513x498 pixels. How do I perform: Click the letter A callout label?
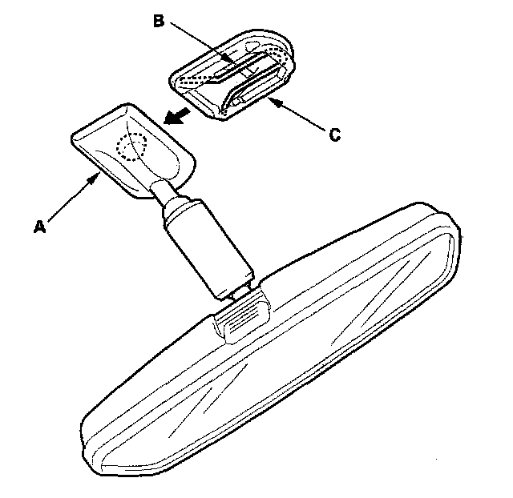point(38,227)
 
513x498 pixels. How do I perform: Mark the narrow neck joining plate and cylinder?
point(161,192)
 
